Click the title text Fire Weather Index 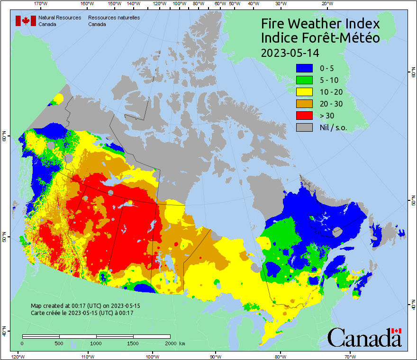pos(320,24)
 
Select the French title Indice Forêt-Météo pos(320,38)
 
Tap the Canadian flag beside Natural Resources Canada pos(26,20)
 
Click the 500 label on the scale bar pos(59,343)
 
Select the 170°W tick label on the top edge pos(41,4)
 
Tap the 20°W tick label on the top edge pos(326,4)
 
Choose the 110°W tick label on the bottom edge pos(87,356)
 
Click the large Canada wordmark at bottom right pos(364,338)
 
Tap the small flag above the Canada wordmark pos(396,331)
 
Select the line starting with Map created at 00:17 pos(85,306)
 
